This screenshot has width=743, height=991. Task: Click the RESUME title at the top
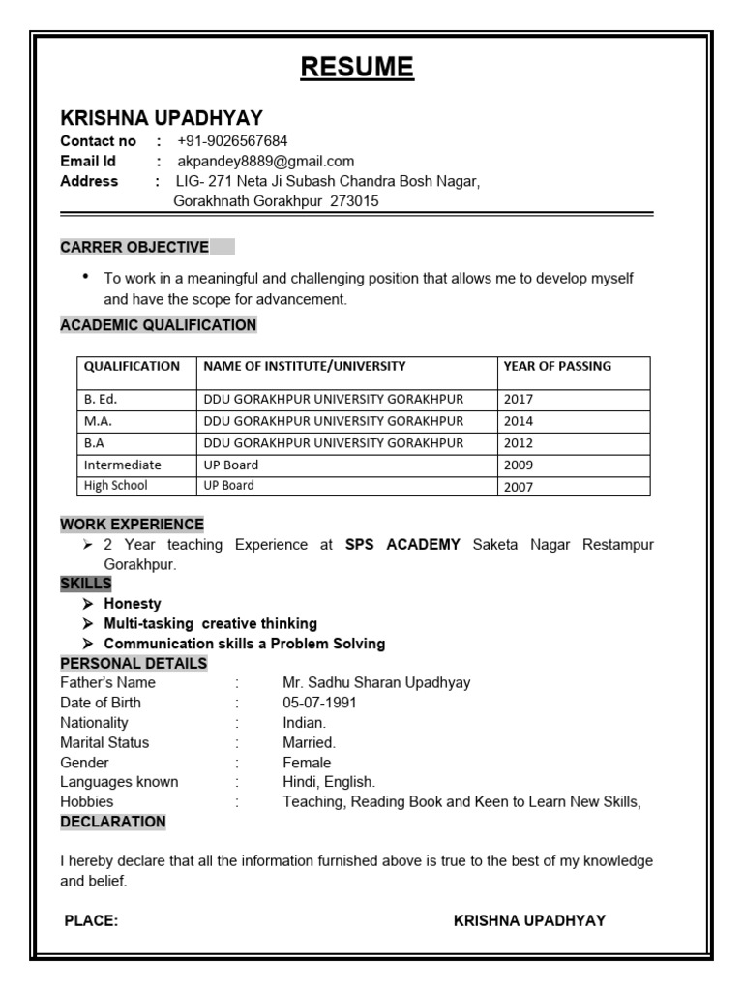point(357,68)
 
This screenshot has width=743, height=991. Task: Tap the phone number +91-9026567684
point(232,141)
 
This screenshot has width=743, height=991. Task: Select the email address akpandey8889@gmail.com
point(265,162)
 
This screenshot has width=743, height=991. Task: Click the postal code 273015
point(355,201)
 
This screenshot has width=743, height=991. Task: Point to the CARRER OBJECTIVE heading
point(134,247)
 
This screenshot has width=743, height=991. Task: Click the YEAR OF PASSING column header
point(557,366)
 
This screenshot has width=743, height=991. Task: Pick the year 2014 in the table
point(518,421)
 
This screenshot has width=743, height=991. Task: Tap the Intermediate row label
point(122,465)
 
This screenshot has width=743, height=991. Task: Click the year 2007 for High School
point(518,487)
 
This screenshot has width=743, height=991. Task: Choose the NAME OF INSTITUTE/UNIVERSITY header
point(304,366)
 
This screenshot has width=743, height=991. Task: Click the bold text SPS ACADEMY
point(402,545)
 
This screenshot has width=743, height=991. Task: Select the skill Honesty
point(133,604)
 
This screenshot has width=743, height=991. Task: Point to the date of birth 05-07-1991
point(319,703)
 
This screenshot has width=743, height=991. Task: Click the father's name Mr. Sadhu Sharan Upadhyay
point(376,682)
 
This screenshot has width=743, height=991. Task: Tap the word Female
point(307,763)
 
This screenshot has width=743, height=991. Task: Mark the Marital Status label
point(104,743)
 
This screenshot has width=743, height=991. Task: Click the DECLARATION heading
point(113,822)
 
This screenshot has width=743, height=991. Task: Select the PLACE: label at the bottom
point(91,921)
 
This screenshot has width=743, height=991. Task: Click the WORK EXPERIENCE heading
point(132,525)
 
